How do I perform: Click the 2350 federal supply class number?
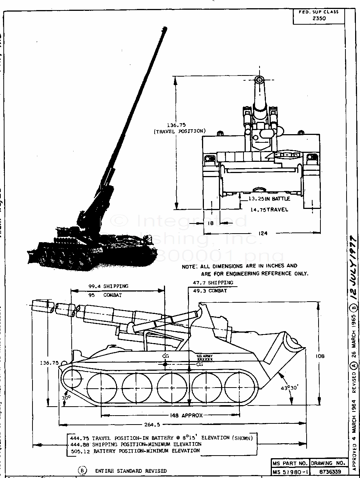[318, 18]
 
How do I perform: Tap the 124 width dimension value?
[263, 234]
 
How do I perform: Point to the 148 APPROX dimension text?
[186, 415]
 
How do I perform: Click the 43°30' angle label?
[288, 388]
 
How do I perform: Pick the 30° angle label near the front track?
[66, 397]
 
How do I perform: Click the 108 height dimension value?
[320, 356]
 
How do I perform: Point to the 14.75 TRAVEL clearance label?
[269, 210]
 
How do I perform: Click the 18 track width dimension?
[210, 223]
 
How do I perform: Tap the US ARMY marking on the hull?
[205, 356]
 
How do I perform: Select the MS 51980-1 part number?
[290, 472]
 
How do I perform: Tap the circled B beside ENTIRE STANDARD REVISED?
[82, 471]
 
